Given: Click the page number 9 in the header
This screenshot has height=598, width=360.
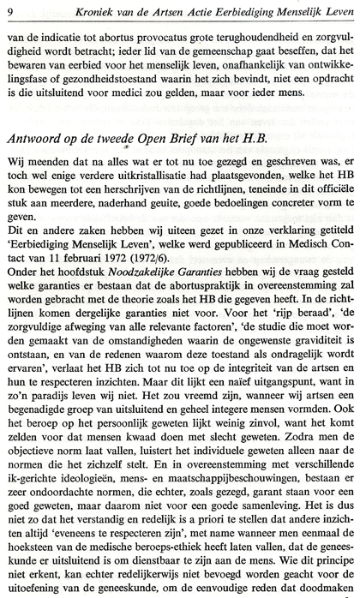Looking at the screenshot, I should (x=8, y=10).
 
